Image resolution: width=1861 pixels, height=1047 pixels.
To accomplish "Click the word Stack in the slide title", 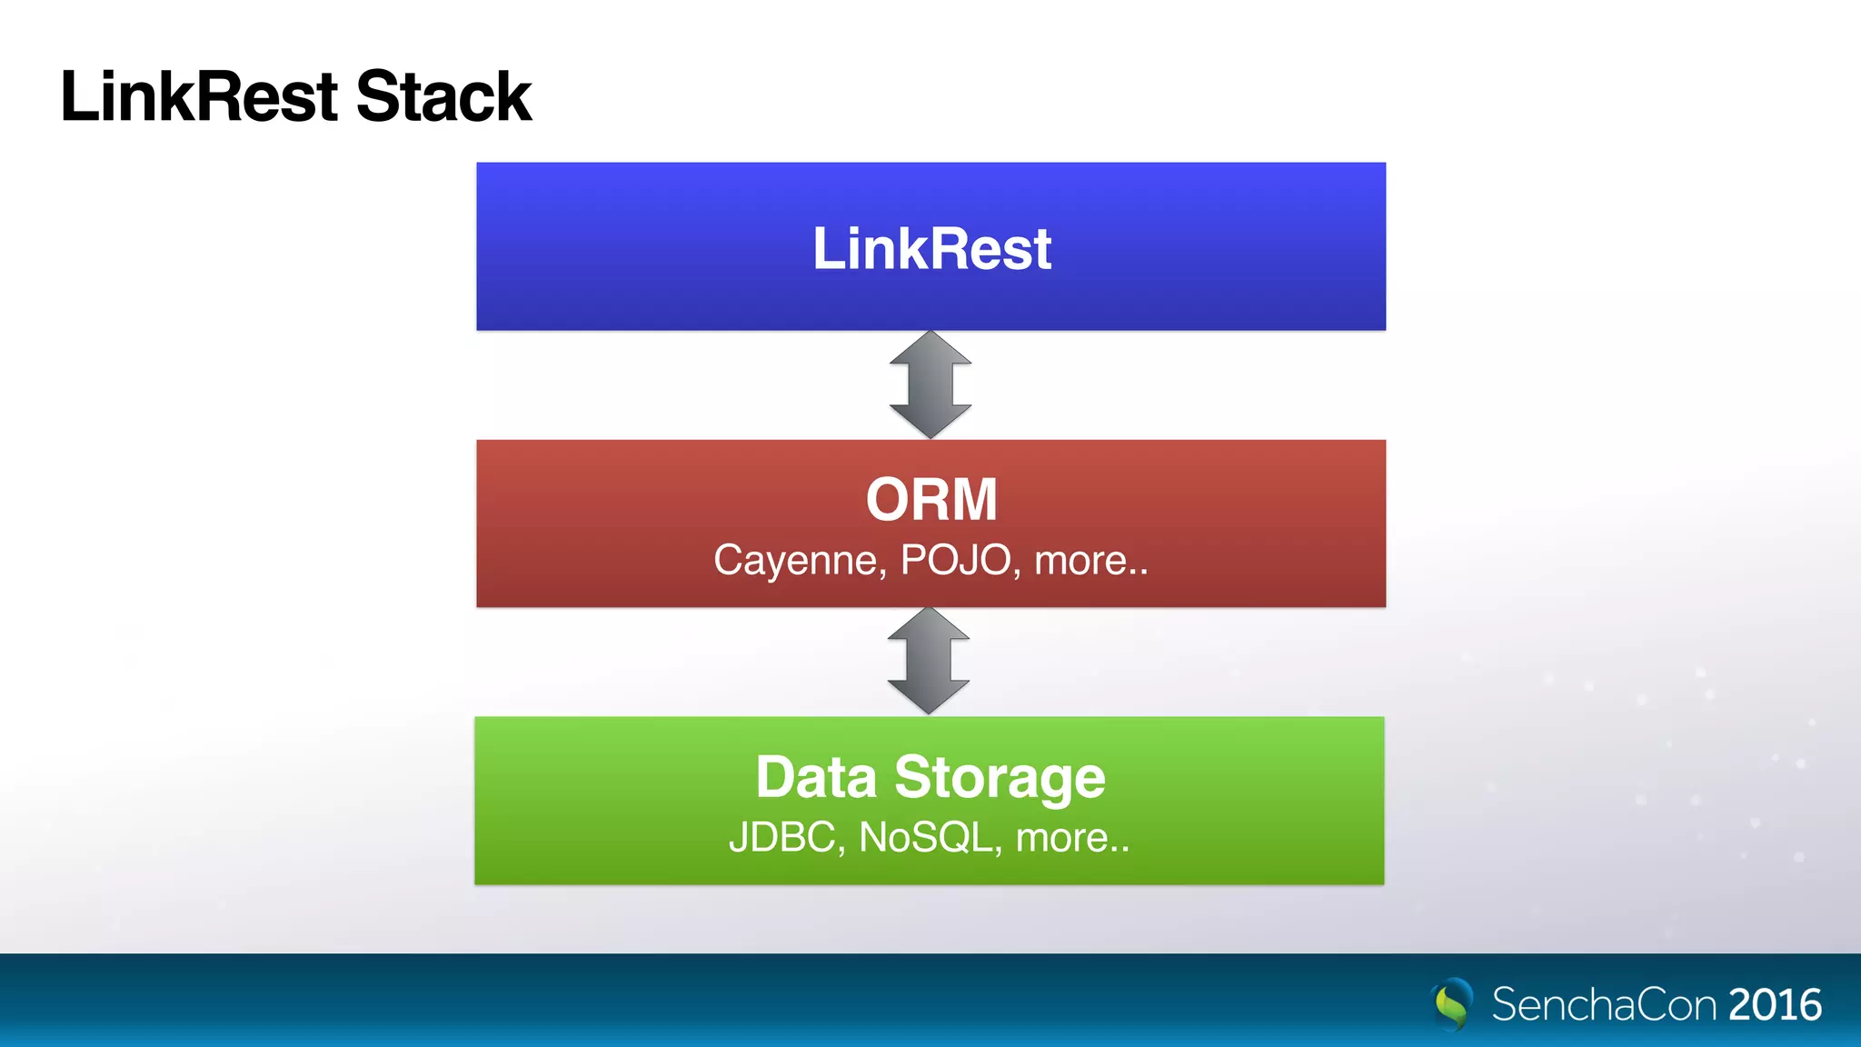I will (443, 96).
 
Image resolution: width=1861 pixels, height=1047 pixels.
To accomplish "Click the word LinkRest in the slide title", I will (200, 96).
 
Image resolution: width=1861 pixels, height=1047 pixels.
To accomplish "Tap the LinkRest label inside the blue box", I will (931, 249).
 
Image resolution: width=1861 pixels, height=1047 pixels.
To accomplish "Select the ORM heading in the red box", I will (931, 500).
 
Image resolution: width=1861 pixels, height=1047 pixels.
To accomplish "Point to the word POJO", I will (955, 560).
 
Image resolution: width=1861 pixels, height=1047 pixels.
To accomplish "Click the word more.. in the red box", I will (1091, 561).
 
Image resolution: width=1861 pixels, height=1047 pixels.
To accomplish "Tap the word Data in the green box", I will (816, 778).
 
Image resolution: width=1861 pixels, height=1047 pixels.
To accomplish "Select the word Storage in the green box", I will (1000, 778).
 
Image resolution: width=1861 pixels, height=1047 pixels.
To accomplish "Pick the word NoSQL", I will (925, 838).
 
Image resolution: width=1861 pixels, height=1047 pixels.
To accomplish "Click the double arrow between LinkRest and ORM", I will (930, 384).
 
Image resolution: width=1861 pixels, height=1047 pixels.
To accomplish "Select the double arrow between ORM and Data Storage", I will (929, 661).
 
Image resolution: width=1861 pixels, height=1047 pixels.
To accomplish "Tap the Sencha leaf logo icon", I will (1453, 1003).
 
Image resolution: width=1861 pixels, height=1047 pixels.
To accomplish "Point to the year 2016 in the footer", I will (1775, 1004).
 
